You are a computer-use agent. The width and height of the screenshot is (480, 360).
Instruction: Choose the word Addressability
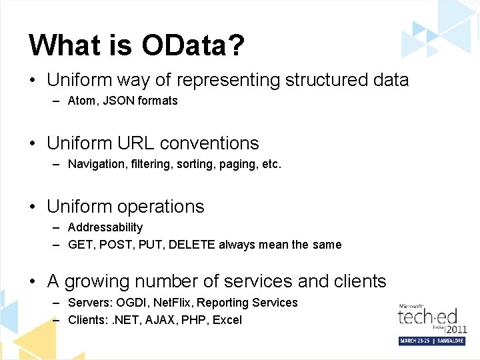[x=105, y=227]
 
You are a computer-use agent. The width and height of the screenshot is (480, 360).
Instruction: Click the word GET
[x=81, y=245]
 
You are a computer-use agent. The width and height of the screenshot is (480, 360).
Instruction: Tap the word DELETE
[x=192, y=245]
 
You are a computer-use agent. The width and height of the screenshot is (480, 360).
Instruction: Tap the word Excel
[x=227, y=320]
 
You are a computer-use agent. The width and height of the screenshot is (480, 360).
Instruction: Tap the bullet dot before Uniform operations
[x=33, y=207]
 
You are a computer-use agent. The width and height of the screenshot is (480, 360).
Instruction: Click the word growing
[x=97, y=281]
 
